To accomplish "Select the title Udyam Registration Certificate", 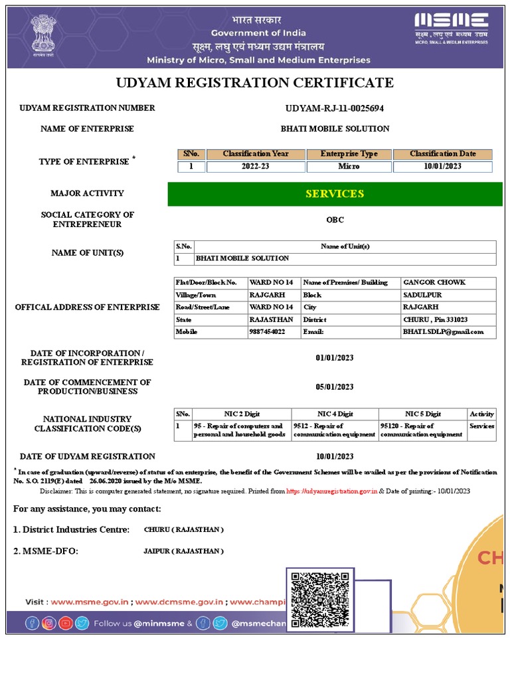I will pyautogui.click(x=255, y=83).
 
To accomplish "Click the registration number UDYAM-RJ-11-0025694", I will pyautogui.click(x=334, y=108).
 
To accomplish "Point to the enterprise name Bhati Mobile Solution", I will pyautogui.click(x=335, y=129).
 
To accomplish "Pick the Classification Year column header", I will pyautogui.click(x=256, y=154).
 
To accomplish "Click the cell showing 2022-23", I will pyautogui.click(x=256, y=167).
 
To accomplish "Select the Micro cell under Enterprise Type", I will pyautogui.click(x=349, y=167).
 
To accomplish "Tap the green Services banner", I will pyautogui.click(x=335, y=194).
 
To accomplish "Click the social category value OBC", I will pyautogui.click(x=335, y=220).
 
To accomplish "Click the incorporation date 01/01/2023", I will pyautogui.click(x=335, y=358).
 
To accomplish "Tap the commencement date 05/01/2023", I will pyautogui.click(x=335, y=387).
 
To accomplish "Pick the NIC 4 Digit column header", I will pyautogui.click(x=335, y=414).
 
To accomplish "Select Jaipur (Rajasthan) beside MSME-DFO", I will pyautogui.click(x=183, y=551).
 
